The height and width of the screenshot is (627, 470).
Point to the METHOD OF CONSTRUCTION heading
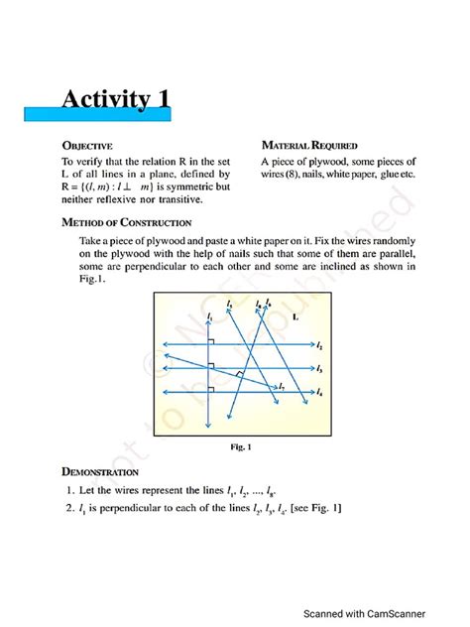point(126,222)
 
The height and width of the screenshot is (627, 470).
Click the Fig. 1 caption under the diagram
point(240,447)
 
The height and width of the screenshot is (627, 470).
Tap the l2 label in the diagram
point(318,346)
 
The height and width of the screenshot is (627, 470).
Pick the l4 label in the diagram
point(318,393)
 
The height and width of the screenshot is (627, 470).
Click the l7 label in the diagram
point(283,385)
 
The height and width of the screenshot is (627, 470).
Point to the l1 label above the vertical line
point(209,316)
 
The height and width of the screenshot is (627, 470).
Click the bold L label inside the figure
point(298,317)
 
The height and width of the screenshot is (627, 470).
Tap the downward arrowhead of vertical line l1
point(209,426)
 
